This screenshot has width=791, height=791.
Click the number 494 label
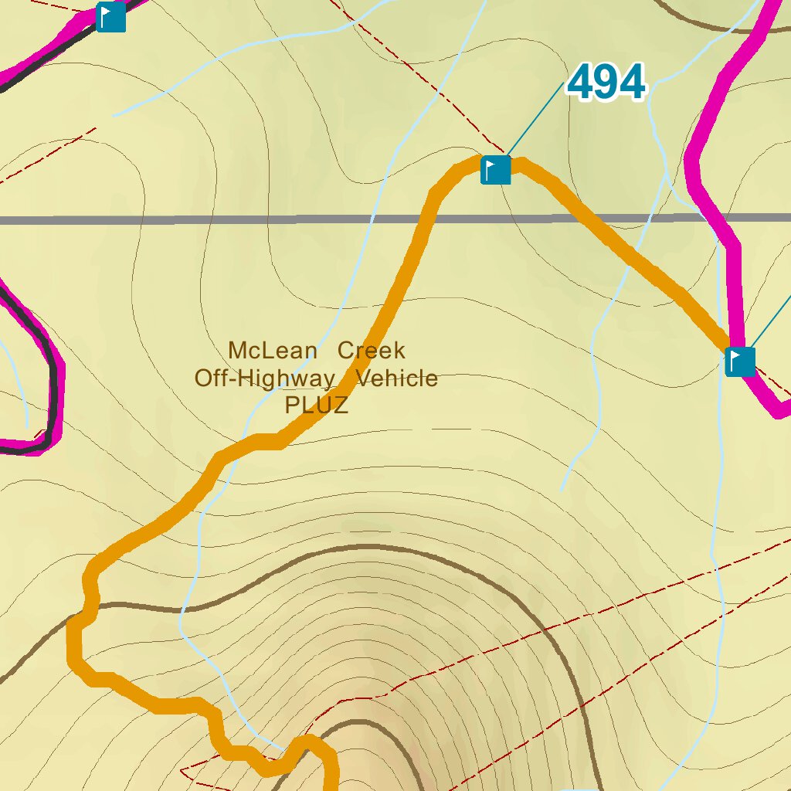point(606,83)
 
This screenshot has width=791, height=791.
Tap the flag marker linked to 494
point(496,170)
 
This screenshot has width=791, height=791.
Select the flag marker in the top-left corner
point(111,16)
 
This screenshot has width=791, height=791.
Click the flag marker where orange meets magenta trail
point(740,361)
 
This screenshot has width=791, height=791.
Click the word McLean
point(273,351)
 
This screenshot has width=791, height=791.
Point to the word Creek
point(372,351)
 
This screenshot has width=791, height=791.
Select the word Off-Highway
point(264,379)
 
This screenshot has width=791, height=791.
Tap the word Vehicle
point(396,379)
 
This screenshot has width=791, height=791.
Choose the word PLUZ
point(317,406)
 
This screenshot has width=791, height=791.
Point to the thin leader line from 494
point(536,119)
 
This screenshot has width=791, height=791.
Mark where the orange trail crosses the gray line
point(426,220)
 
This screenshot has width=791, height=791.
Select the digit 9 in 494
point(606,83)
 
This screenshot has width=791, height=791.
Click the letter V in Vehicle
point(362,379)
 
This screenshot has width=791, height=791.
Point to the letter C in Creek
point(345,351)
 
